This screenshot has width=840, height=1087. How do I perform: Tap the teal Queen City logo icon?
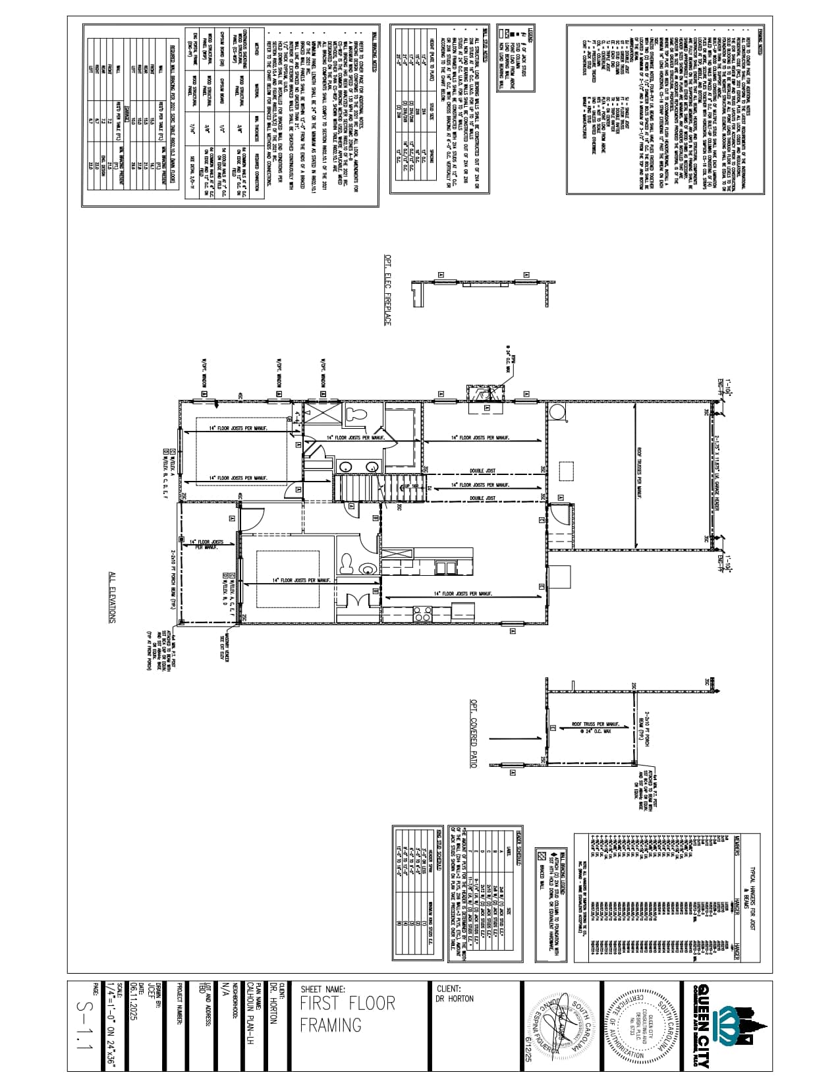coord(732,1024)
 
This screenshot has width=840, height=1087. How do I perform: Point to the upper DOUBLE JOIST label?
coord(482,471)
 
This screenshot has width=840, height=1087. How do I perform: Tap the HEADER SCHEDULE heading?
coord(519,850)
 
